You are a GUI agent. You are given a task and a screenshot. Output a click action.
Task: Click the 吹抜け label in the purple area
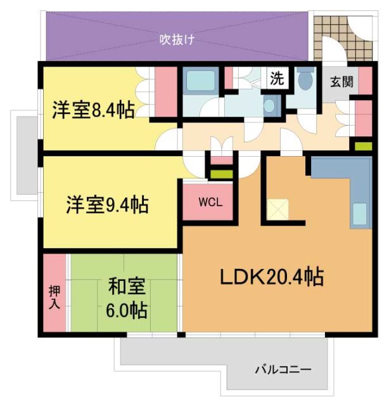176,39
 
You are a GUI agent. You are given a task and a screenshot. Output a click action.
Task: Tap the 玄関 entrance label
341,81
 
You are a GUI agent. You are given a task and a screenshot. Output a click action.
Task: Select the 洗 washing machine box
277,79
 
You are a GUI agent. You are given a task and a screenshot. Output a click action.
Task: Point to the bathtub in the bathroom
200,81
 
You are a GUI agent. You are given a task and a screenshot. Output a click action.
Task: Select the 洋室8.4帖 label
92,110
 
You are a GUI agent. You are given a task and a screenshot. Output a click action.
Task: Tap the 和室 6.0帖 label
127,299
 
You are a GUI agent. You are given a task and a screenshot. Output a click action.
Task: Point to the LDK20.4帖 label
272,277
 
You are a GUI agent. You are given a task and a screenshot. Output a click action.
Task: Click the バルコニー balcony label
283,369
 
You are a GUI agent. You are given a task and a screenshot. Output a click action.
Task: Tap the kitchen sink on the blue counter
359,214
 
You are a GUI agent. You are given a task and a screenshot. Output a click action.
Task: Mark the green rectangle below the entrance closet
363,147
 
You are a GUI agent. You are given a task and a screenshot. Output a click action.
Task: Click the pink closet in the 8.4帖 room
166,92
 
